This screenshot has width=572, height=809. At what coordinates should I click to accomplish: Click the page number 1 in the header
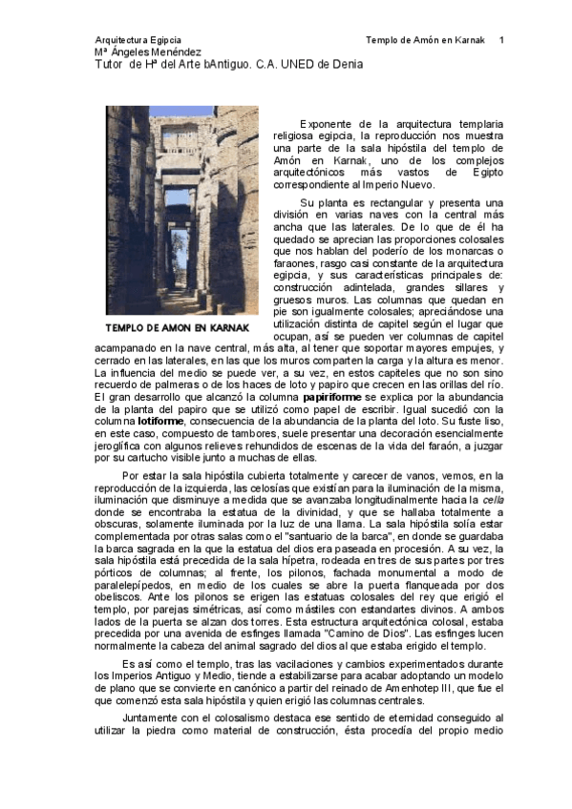[501, 40]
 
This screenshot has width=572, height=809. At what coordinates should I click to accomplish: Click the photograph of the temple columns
[180, 210]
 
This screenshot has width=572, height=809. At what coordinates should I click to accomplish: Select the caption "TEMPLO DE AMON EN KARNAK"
[178, 327]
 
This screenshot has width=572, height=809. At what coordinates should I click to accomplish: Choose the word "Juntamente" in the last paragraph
[156, 716]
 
